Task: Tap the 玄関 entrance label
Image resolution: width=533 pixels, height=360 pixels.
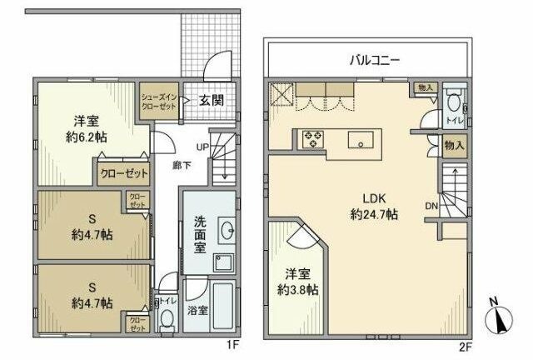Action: click(210, 101)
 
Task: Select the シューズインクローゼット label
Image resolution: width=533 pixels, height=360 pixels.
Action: click(157, 102)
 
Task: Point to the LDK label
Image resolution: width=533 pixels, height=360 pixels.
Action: click(373, 198)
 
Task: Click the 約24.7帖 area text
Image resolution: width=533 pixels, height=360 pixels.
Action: click(373, 214)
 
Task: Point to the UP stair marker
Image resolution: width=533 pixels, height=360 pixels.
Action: click(202, 147)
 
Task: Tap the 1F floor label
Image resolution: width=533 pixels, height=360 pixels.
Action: click(234, 342)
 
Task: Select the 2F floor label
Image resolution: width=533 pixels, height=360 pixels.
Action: click(464, 342)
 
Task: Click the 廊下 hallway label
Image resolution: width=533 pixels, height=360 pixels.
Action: click(179, 165)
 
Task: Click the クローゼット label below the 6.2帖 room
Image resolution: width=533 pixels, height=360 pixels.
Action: click(121, 175)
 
